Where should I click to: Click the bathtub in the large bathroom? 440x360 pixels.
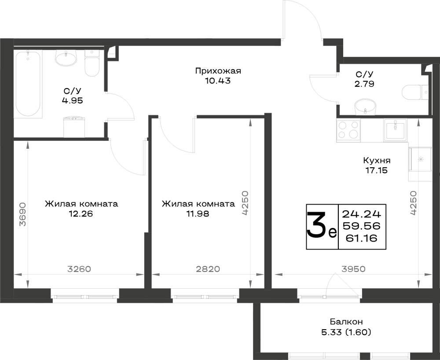(28, 84)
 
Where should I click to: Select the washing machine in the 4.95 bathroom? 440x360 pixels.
(74, 127)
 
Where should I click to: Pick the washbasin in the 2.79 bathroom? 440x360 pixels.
(365, 107)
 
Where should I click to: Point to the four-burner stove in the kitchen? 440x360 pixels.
(348, 130)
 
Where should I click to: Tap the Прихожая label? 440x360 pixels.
(218, 71)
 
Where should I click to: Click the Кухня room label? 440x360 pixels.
(377, 161)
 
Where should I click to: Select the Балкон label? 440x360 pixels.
(346, 321)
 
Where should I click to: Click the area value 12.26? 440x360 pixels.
(81, 214)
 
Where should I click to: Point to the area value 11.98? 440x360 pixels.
(198, 214)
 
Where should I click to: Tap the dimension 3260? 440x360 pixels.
(79, 269)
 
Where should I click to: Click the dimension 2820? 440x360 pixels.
(208, 269)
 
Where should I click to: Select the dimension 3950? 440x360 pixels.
(354, 269)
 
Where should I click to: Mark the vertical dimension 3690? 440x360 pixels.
(22, 214)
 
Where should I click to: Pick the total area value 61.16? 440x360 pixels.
(361, 238)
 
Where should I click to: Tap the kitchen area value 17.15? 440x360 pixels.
(376, 170)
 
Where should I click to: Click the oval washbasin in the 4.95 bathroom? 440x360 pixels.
(66, 58)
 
